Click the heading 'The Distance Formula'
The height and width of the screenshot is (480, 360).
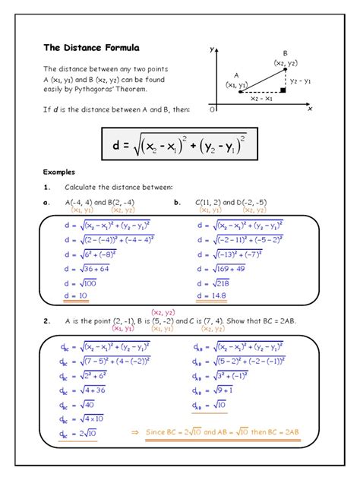click(84, 47)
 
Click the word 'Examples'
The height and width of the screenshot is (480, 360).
click(59, 172)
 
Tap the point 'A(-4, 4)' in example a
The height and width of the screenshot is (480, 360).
click(79, 202)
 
